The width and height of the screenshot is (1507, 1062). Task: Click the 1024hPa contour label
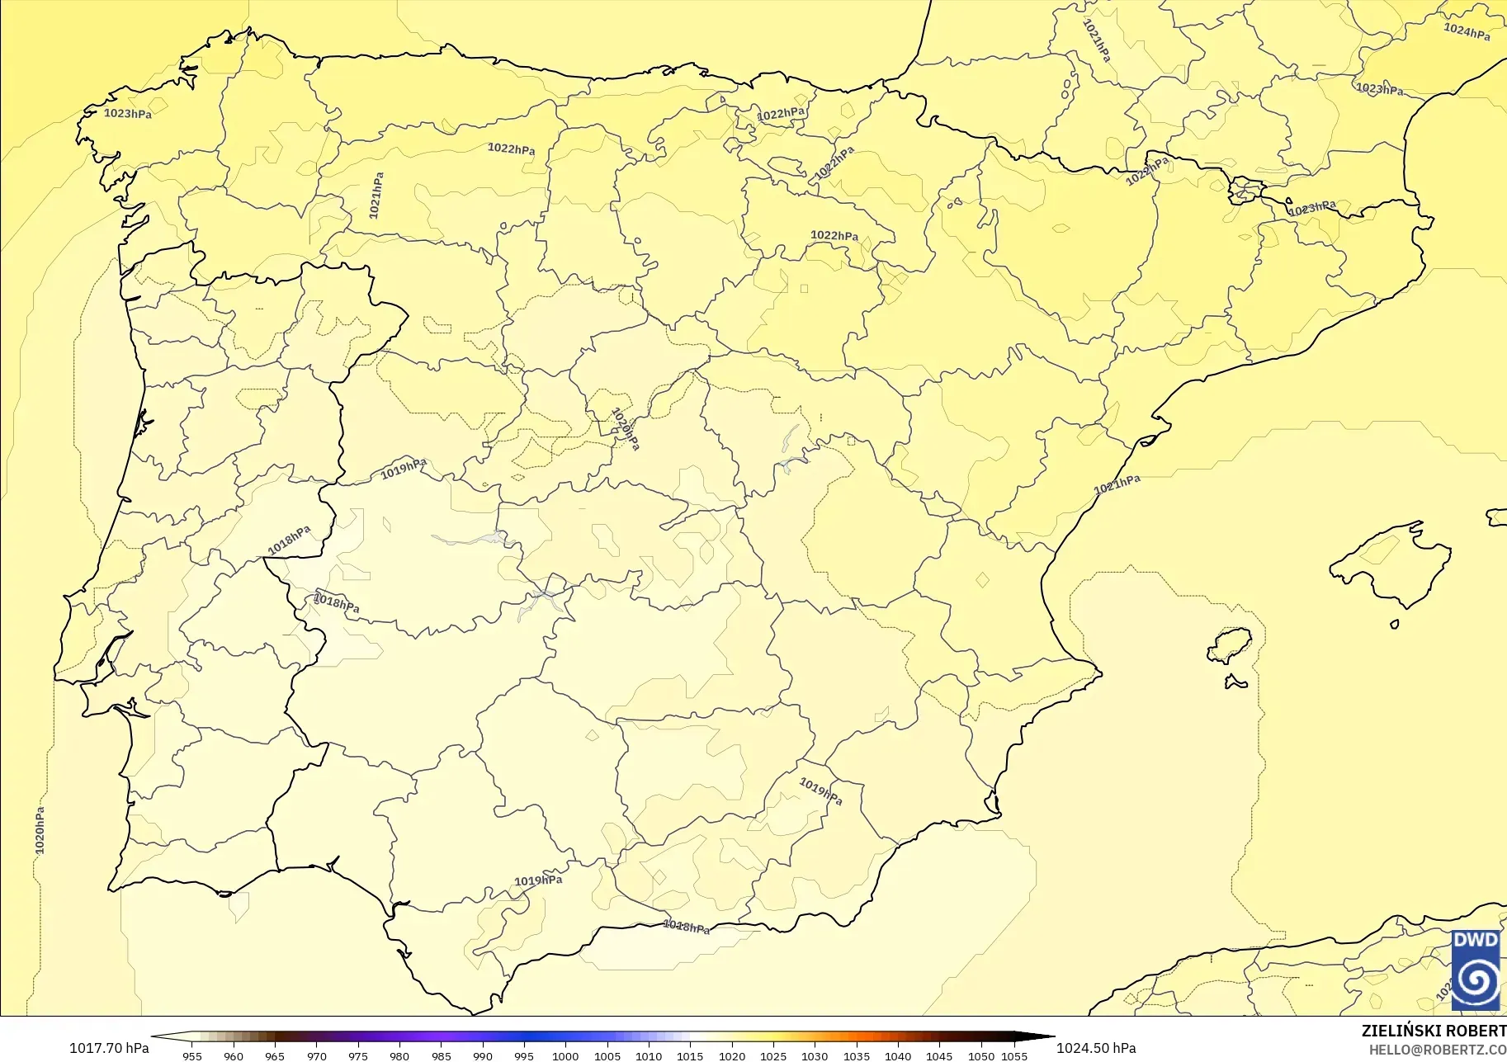pos(1467,32)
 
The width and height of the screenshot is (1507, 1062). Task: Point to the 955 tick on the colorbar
pos(192,1055)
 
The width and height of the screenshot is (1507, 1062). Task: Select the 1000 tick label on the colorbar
pos(565,1055)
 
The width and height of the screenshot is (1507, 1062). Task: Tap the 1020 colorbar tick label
pos(731,1055)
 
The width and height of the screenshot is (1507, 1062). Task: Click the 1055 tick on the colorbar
pos(1014,1055)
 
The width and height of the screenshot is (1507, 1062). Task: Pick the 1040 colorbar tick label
pos(898,1055)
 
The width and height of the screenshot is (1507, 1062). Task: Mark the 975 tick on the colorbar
pos(358,1055)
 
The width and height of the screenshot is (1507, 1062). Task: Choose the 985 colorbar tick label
pos(442,1055)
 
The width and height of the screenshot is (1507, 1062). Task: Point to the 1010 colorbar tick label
pos(649,1055)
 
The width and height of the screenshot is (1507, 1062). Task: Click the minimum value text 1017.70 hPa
pos(109,1048)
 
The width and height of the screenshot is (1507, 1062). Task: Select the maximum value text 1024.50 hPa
pos(1096,1048)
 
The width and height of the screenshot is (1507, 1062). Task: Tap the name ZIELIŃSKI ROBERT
pos(1434,1031)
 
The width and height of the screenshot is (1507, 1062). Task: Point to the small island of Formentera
pos(1235,682)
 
